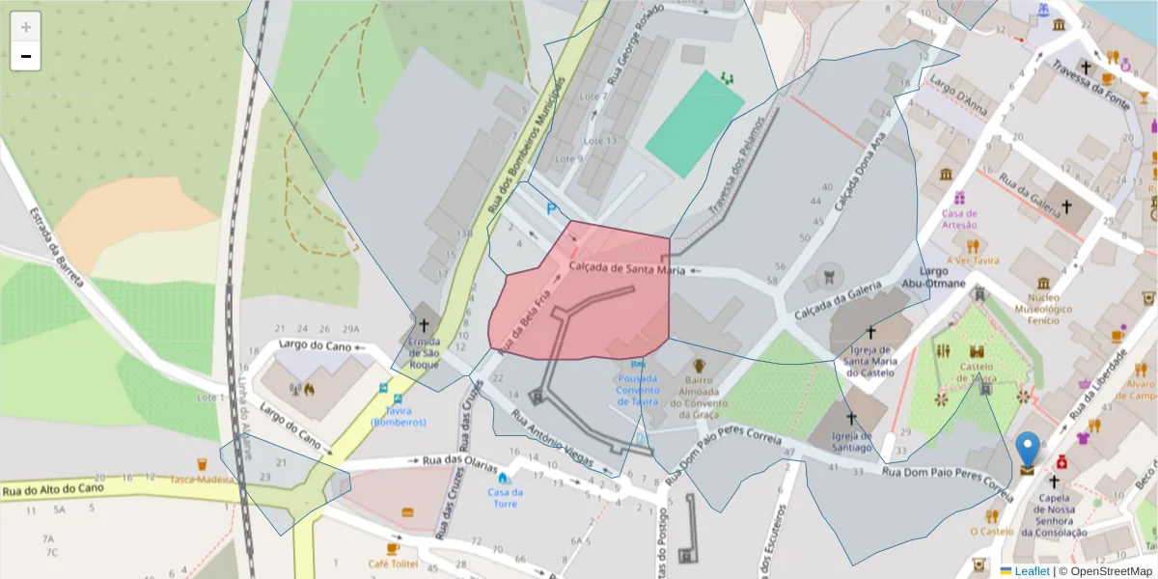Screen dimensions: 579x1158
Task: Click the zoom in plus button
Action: (x=26, y=27)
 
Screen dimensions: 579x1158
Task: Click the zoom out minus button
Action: (x=26, y=57)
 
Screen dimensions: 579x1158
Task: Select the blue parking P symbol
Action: (x=552, y=208)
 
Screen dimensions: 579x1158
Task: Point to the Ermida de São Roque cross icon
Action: (x=424, y=327)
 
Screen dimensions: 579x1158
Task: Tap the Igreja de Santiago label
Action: (x=852, y=441)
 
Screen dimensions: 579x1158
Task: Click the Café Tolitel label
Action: (x=393, y=563)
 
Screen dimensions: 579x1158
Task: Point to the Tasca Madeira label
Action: (x=203, y=481)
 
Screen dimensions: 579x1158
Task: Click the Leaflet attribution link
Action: (x=1031, y=570)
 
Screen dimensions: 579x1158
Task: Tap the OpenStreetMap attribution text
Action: (x=1106, y=570)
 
